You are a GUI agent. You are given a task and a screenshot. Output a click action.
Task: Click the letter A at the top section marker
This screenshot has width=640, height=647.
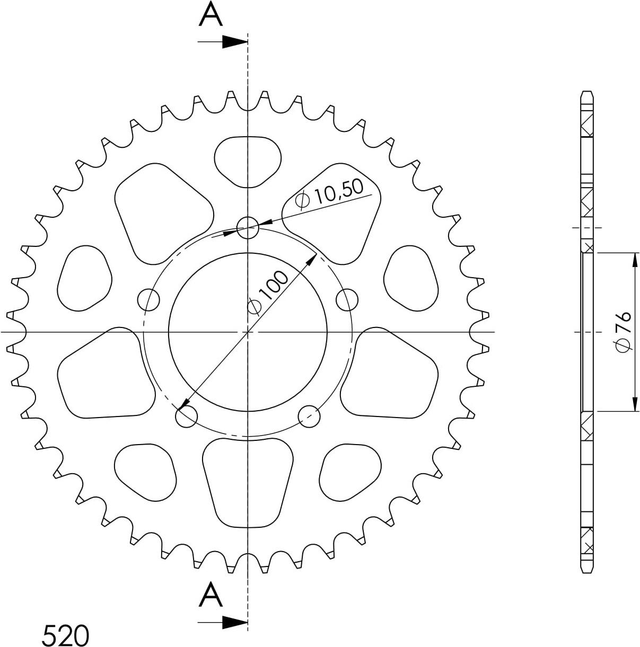click(211, 14)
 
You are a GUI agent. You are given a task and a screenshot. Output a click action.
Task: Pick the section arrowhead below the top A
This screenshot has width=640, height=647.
click(235, 42)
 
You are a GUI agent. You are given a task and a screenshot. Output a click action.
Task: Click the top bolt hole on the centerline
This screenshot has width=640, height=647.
click(248, 228)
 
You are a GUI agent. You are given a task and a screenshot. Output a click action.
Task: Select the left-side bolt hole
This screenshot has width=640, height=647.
click(148, 299)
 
